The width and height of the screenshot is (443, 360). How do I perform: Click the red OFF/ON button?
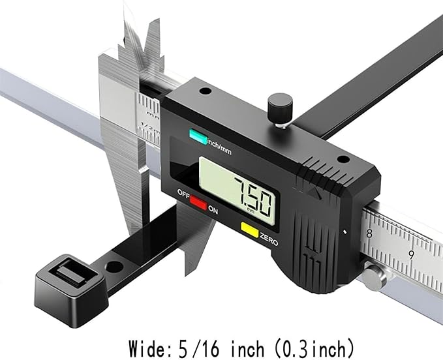coord(198,202)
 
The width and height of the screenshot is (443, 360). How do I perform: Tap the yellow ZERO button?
coord(249,230)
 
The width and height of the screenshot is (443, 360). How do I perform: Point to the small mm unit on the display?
coord(251,210)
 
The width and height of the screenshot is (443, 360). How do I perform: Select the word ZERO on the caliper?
coord(269,239)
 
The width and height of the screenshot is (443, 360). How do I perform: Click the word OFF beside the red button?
coord(183,194)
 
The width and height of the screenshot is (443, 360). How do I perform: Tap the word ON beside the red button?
coord(213,210)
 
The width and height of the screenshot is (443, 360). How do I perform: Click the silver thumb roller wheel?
coord(375,277)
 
